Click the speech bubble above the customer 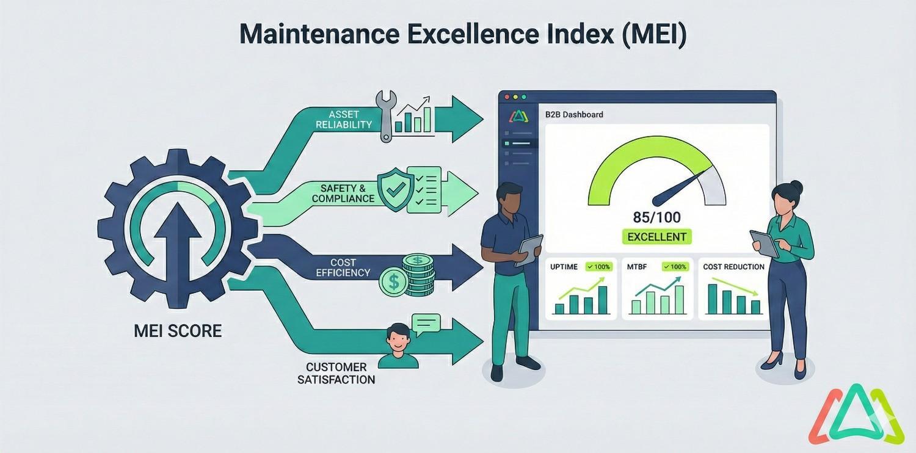[426, 324]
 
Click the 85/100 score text [656, 217]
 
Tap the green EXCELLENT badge [656, 237]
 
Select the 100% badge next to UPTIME [598, 267]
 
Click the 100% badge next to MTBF [674, 267]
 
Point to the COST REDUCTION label [733, 267]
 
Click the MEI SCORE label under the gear [178, 332]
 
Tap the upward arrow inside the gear [178, 232]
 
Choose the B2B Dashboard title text [573, 114]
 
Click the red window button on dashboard [506, 97]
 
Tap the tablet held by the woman [764, 242]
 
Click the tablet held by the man [529, 249]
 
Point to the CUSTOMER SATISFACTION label [336, 373]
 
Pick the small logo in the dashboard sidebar [517, 115]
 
